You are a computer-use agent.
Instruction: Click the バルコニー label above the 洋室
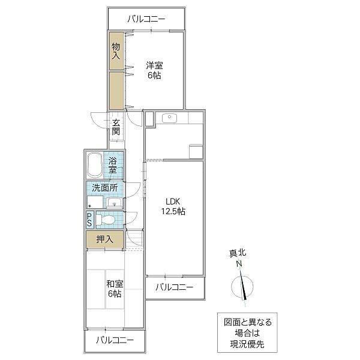[x=146, y=19]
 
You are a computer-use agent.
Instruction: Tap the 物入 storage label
[x=116, y=50]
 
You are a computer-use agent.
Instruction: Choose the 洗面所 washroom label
[x=105, y=187]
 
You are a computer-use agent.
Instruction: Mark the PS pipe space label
[x=89, y=220]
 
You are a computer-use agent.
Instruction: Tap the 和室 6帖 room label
[x=114, y=289]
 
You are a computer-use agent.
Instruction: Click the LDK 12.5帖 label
[x=172, y=206]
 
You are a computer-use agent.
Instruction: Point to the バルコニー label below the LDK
[x=174, y=287]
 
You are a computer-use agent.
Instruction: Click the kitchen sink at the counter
[x=168, y=118]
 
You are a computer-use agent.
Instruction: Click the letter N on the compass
[x=239, y=265]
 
